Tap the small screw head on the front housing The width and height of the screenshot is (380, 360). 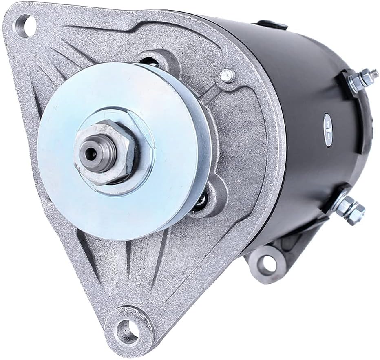pos(228,75)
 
